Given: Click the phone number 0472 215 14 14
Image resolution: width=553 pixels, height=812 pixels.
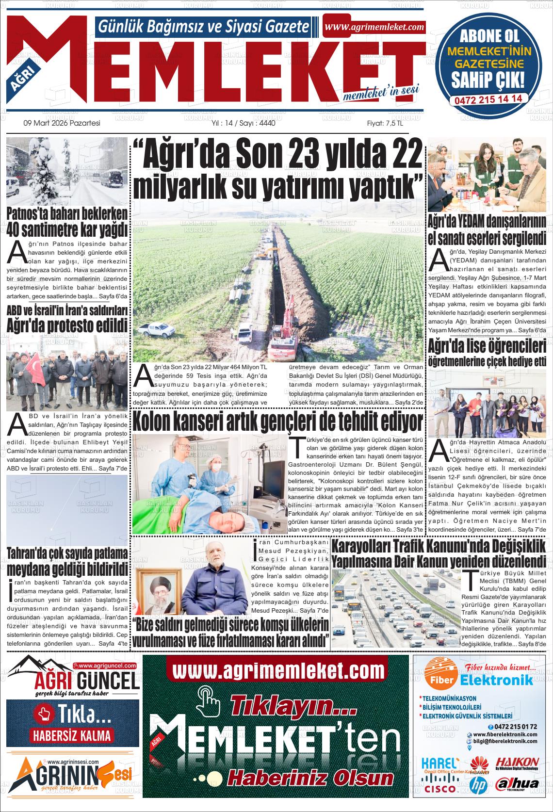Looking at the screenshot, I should click(x=488, y=98).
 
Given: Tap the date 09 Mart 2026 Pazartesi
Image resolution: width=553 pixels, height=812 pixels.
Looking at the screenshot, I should click(x=62, y=123).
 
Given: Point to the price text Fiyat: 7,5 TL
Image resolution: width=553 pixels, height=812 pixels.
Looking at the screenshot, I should click(x=385, y=123).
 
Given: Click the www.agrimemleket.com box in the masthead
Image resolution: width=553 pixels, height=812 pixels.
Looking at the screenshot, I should click(x=374, y=27).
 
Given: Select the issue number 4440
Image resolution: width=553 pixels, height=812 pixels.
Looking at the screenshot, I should click(x=267, y=123).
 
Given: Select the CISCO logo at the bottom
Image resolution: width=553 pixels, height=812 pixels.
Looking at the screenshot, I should click(x=439, y=789).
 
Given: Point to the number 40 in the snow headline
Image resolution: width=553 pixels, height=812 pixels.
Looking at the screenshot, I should click(x=18, y=228).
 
